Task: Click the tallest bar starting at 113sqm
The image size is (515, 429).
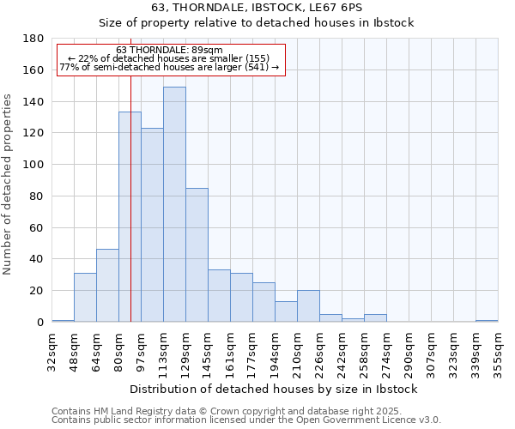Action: click(x=174, y=204)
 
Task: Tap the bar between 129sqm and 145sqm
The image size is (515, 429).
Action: click(x=197, y=255)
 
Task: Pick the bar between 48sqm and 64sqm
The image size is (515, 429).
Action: click(x=85, y=297)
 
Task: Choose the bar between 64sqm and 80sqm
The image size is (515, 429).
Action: click(x=107, y=285)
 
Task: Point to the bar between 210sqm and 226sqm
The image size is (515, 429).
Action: click(x=308, y=305)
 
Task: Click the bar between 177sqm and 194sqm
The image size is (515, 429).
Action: click(x=264, y=302)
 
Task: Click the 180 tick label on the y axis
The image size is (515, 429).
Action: click(x=33, y=39)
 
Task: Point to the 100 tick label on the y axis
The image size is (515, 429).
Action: click(x=33, y=165)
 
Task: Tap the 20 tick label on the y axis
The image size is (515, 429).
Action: click(x=37, y=291)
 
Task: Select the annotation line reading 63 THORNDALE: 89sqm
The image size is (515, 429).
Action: click(x=169, y=51)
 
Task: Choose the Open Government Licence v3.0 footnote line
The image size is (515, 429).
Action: click(x=246, y=420)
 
